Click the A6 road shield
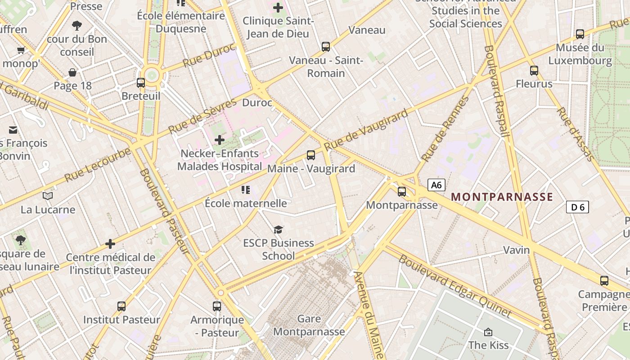coord(436,185)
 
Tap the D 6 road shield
coord(577,207)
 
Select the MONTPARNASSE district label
coord(502,197)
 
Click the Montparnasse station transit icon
coord(402,192)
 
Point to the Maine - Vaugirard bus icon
coord(311,155)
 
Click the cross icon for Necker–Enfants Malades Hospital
coord(220,140)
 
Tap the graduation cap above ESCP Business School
coord(279,229)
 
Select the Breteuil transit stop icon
coord(141,82)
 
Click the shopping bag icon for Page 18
coord(72,72)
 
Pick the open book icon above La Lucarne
coord(48,196)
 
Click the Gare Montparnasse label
coord(309,325)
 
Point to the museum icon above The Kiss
coord(488,332)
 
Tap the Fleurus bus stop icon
coord(534,70)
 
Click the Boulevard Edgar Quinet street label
coord(455,286)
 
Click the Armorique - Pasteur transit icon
coord(217,306)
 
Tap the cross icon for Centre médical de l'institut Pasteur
coord(110,244)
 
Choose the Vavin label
coord(516,250)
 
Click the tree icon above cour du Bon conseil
coord(77,26)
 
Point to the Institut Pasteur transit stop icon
coord(121,306)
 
